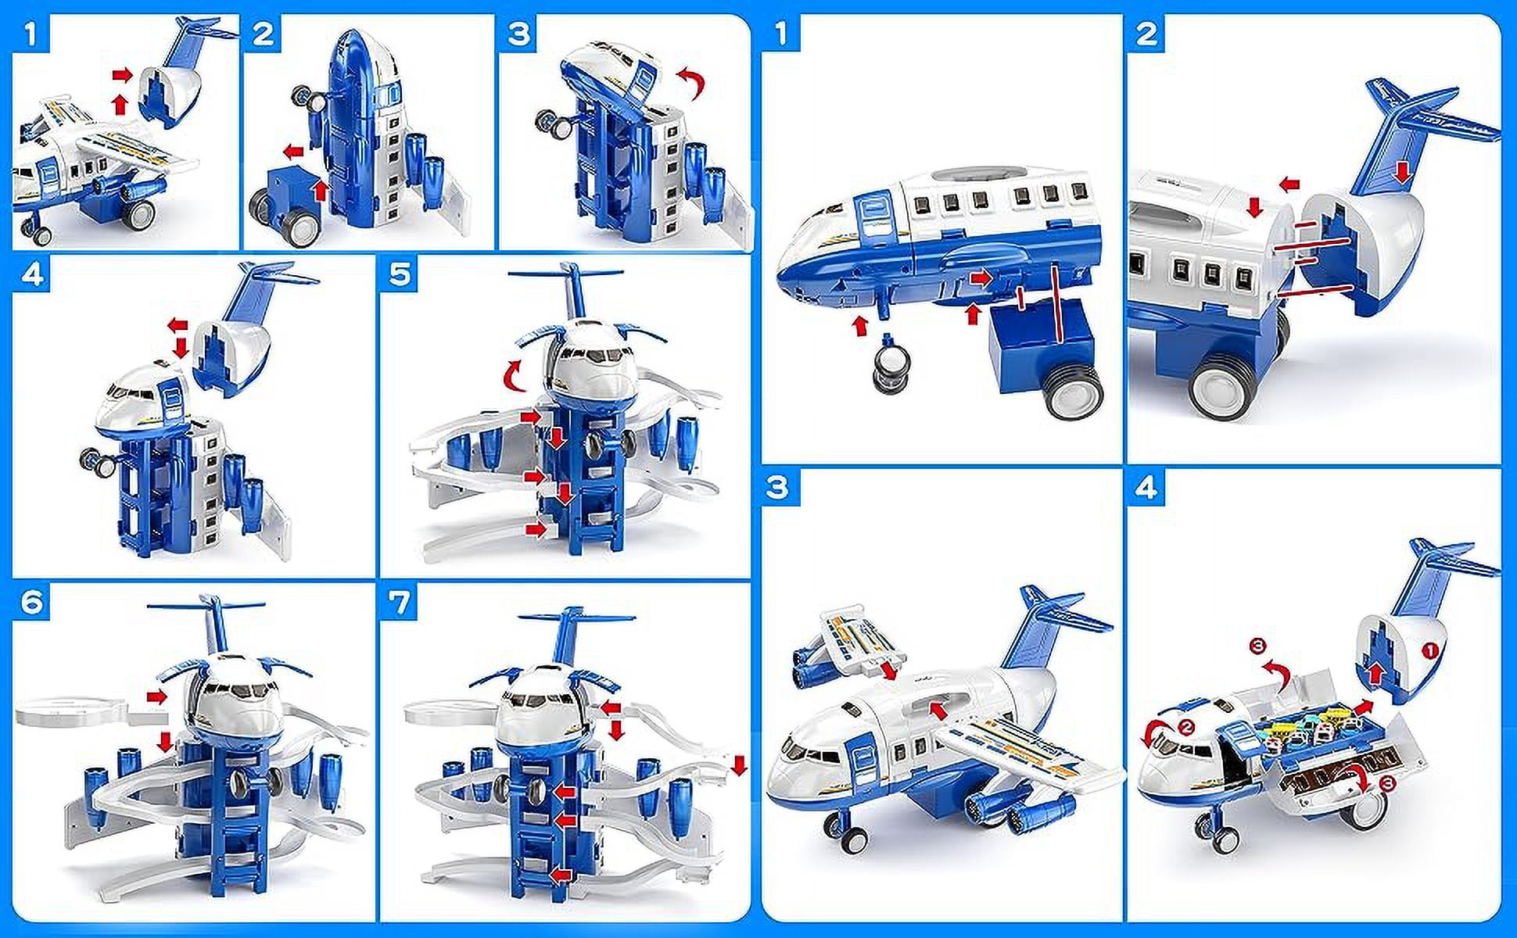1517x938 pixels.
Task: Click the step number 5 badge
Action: coord(400,274)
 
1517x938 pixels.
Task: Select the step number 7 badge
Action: coord(400,603)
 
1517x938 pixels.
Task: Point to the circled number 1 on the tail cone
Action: coord(1429,650)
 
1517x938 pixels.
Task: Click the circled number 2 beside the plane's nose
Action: coord(1186,727)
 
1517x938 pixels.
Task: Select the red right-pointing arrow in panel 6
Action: coord(157,697)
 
